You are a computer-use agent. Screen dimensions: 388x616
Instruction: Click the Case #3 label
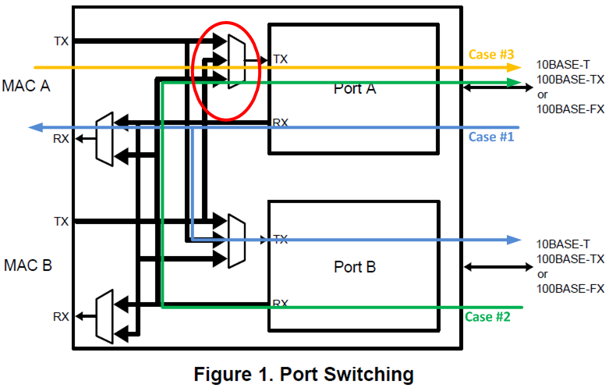point(491,55)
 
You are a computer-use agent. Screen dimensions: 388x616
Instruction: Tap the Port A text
point(354,88)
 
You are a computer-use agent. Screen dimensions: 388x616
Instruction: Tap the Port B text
point(354,266)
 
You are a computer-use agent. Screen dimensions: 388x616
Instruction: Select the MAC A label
point(27,85)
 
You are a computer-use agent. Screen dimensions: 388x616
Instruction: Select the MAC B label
point(27,265)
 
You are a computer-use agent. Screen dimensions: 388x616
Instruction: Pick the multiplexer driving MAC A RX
point(104,139)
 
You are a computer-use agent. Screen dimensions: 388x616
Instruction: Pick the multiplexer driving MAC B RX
point(104,316)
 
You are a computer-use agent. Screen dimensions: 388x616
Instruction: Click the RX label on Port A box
point(280,123)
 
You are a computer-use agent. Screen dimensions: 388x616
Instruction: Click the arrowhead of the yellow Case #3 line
point(515,67)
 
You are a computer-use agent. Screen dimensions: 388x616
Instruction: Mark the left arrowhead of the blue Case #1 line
point(34,127)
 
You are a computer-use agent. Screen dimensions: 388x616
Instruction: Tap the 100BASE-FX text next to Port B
point(571,289)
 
